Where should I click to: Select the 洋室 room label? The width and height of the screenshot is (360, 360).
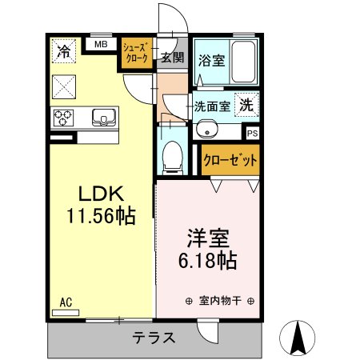(208, 238)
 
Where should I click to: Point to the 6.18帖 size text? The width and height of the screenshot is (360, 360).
(207, 261)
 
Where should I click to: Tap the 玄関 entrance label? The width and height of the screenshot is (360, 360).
(171, 57)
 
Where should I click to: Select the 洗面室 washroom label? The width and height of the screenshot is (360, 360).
(211, 105)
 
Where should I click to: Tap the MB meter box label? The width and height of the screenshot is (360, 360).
(100, 45)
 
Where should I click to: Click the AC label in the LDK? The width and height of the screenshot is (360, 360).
(66, 302)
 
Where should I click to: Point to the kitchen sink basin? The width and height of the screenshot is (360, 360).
(103, 118)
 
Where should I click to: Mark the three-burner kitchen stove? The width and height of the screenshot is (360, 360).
(64, 118)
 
